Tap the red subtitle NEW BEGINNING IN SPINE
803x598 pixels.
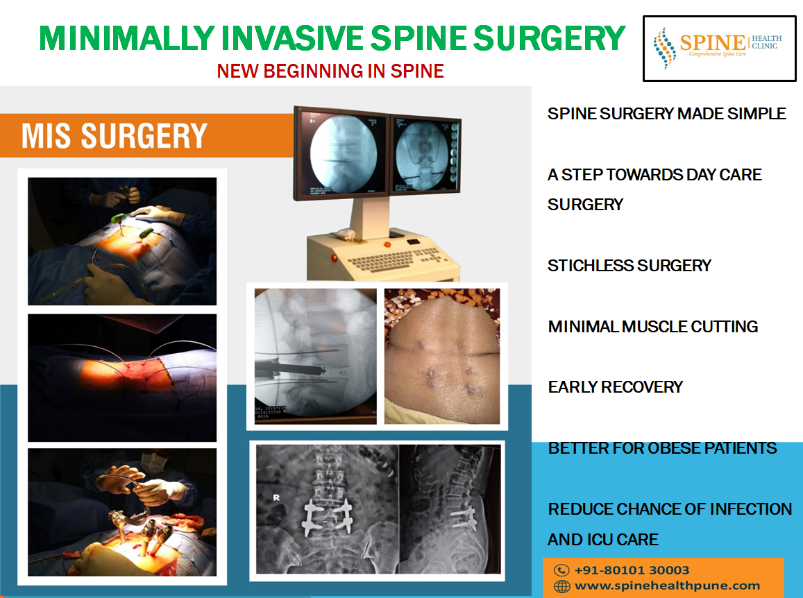330,71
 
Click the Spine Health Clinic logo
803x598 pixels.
719,48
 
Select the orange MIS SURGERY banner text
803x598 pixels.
115,136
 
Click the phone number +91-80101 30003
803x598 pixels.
632,570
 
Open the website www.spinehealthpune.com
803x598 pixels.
667,586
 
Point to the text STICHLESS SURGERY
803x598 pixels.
629,265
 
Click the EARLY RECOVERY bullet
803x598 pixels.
616,386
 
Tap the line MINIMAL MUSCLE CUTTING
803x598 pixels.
653,326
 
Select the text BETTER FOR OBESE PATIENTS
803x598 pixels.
662,448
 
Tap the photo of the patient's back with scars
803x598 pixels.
442,357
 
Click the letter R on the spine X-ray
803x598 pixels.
276,497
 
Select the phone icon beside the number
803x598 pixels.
561,570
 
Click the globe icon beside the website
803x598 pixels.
561,586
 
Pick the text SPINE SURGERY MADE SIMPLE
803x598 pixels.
667,113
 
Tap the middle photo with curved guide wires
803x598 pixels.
122,378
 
